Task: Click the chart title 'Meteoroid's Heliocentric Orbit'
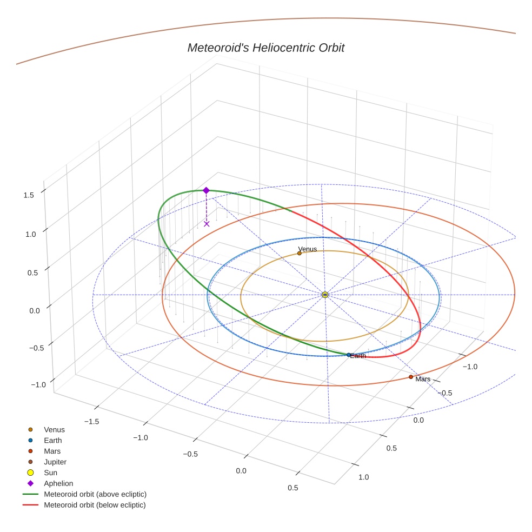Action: point(265,48)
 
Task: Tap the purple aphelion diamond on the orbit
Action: point(206,190)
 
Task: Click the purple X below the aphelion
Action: point(207,223)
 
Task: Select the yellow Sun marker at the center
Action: point(325,295)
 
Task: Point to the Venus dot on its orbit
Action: point(300,253)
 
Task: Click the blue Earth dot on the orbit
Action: point(349,355)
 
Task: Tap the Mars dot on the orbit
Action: point(411,377)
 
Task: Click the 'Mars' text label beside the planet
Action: point(423,379)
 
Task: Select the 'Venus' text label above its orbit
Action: point(308,249)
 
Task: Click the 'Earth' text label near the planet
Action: point(358,356)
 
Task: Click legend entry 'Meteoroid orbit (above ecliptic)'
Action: point(95,494)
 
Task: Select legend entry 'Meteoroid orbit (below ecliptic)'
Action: point(95,505)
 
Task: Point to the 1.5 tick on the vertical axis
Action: point(29,195)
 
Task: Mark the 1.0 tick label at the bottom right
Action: point(363,477)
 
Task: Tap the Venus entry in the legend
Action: point(54,429)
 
